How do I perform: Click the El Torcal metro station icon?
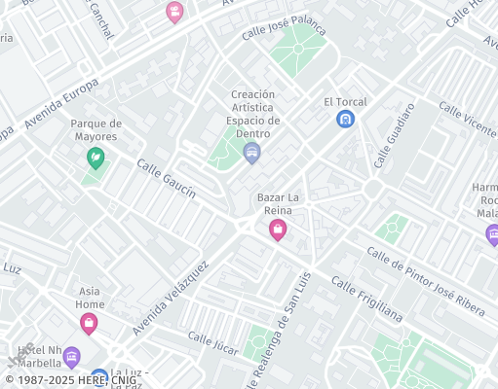345,120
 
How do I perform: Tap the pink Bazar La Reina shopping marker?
278,230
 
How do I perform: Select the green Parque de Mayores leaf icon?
96,157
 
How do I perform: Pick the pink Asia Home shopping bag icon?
89,323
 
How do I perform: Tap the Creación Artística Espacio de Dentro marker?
252,153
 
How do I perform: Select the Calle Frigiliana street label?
365,298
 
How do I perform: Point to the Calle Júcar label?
213,342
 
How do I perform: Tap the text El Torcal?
344,101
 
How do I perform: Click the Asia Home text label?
90,297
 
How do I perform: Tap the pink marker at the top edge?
175,12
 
